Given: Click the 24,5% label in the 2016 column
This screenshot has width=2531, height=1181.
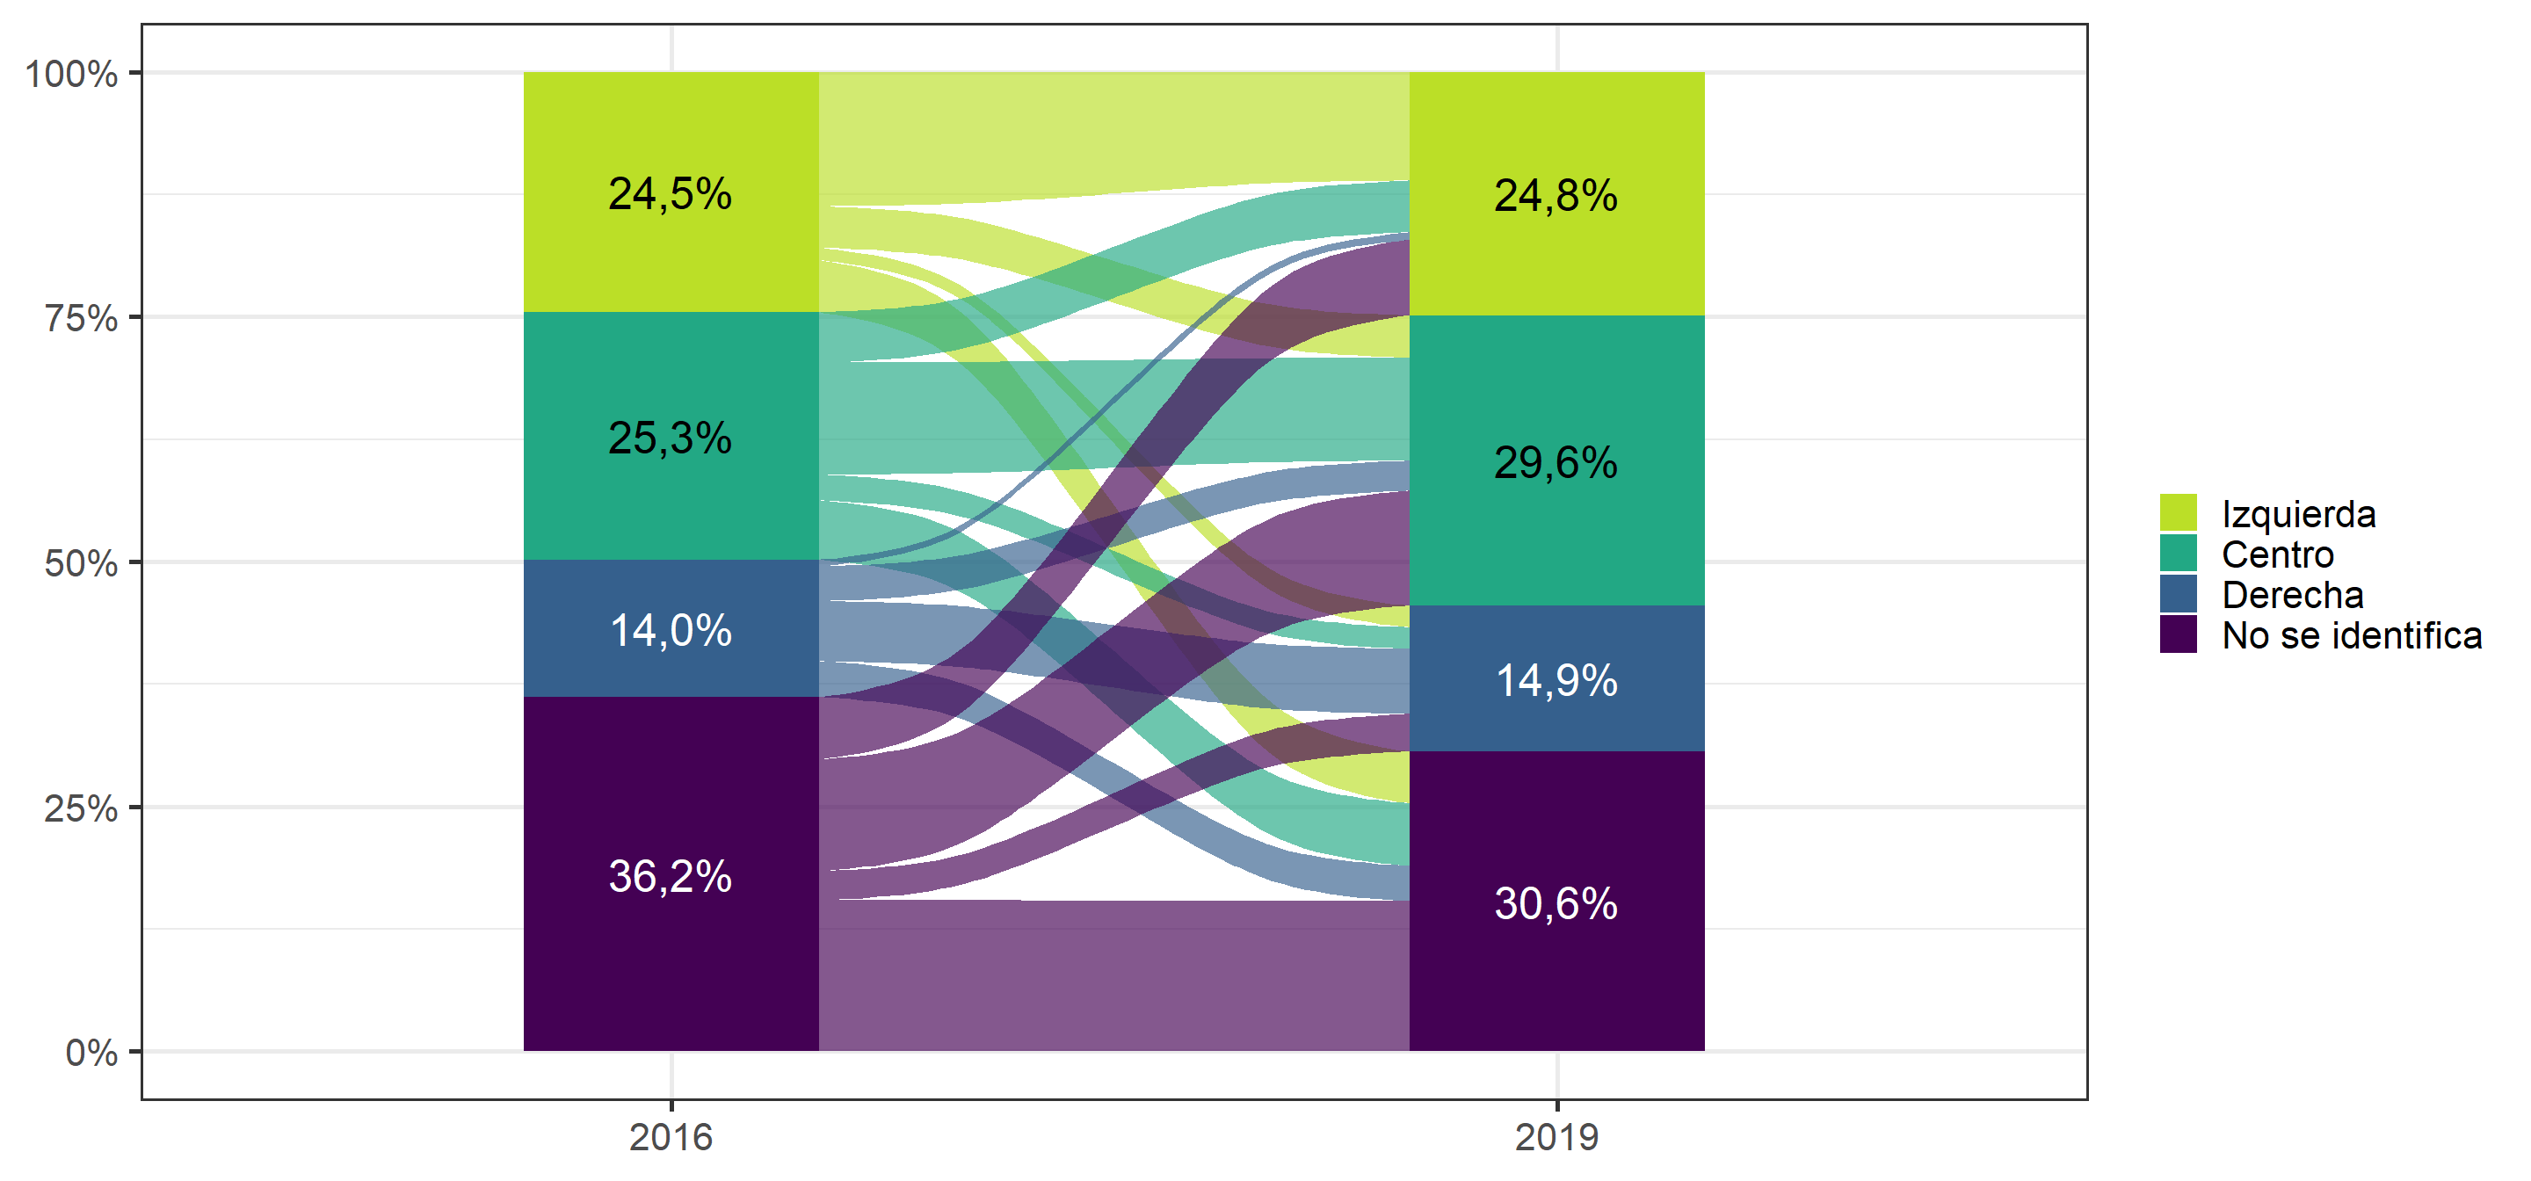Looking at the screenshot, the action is pos(670,193).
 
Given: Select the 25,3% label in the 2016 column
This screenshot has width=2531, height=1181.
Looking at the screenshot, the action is pos(670,438).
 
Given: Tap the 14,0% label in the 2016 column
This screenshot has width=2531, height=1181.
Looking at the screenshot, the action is pos(670,630).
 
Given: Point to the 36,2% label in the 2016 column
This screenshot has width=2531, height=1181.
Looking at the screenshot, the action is pos(670,875).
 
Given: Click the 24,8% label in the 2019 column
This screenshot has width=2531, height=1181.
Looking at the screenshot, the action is pos(1556,196).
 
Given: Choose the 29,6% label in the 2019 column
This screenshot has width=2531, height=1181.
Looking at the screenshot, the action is pos(1556,463).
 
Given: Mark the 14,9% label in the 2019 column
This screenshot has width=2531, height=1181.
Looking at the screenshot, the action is pos(1556,680).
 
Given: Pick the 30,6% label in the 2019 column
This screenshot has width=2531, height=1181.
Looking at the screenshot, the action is pos(1556,903).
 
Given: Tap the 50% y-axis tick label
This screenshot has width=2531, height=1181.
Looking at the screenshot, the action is pos(82,563).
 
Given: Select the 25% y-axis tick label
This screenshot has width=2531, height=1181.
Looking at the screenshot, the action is pos(82,808).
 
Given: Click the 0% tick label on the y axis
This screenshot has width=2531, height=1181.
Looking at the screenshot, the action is pos(91,1053).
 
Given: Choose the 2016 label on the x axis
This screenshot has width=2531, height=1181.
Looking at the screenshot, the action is pos(671,1137).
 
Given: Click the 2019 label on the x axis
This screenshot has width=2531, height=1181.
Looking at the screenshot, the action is pos(1557,1137).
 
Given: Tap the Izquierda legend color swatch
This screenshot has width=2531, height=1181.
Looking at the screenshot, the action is pos(2179,513).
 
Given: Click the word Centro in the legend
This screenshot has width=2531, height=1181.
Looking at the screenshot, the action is pos(2278,554).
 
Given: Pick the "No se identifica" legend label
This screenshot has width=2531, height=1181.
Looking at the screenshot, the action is pos(2353,634).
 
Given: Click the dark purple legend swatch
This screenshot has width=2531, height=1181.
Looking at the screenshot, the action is pos(2179,634).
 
